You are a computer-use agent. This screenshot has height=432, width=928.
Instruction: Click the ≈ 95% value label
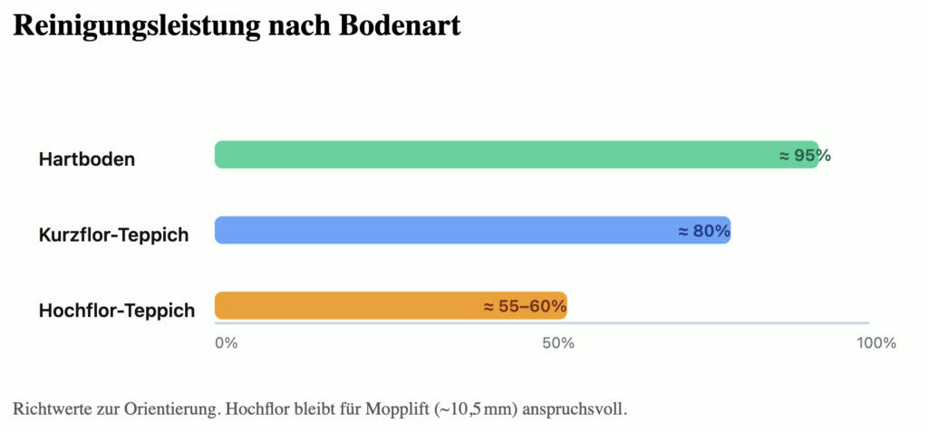(x=805, y=156)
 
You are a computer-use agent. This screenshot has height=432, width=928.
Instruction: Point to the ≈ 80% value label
(x=704, y=231)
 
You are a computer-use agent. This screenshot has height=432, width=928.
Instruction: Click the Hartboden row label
(x=87, y=159)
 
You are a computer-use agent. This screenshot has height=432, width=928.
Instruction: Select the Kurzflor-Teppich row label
(x=114, y=235)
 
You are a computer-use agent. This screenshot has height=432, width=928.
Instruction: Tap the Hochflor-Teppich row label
(x=117, y=311)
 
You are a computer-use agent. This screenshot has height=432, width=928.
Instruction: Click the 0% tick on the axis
(x=226, y=343)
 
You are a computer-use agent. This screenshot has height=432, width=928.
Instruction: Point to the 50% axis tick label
(x=558, y=343)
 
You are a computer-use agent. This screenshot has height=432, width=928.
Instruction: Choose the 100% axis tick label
(x=876, y=343)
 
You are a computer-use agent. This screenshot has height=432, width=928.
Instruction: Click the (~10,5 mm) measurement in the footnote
(x=476, y=408)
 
